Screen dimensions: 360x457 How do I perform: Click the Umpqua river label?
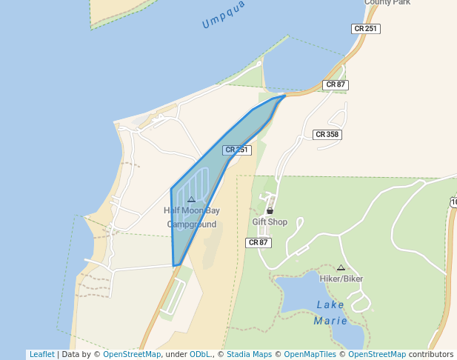pos(223,18)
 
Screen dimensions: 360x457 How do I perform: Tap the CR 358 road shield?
pos(327,134)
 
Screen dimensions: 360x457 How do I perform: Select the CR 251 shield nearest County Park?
pos(365,29)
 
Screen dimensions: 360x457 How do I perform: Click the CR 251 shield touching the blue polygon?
pos(237,150)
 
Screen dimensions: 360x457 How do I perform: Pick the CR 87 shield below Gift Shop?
pos(258,242)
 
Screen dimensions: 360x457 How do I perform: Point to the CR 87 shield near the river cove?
pos(336,84)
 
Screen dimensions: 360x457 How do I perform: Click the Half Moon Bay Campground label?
pos(192,217)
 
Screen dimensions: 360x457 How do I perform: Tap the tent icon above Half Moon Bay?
pos(191,199)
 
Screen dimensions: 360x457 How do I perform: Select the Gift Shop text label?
pos(270,221)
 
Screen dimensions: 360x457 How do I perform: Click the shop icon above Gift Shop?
pos(270,211)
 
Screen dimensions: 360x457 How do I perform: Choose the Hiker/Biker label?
pos(341,279)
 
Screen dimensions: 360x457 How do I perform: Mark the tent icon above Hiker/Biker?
pos(341,267)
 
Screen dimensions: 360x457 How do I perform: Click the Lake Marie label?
pos(330,313)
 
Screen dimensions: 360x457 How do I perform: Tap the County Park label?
pos(387,3)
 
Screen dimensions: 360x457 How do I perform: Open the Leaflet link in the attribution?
pos(41,355)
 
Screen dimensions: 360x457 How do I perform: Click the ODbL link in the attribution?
pos(200,355)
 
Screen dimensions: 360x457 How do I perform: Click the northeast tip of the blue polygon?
pos(285,96)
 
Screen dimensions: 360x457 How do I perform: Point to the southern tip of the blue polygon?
pos(176,264)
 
